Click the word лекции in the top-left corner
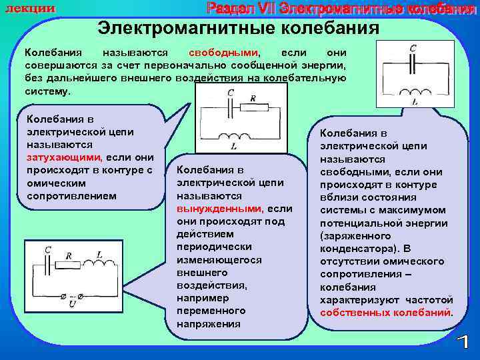[31, 7]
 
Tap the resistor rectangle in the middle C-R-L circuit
[257, 107]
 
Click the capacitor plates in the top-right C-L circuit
[413, 62]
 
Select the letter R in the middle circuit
[253, 97]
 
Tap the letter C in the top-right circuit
[413, 48]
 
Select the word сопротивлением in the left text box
[72, 196]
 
